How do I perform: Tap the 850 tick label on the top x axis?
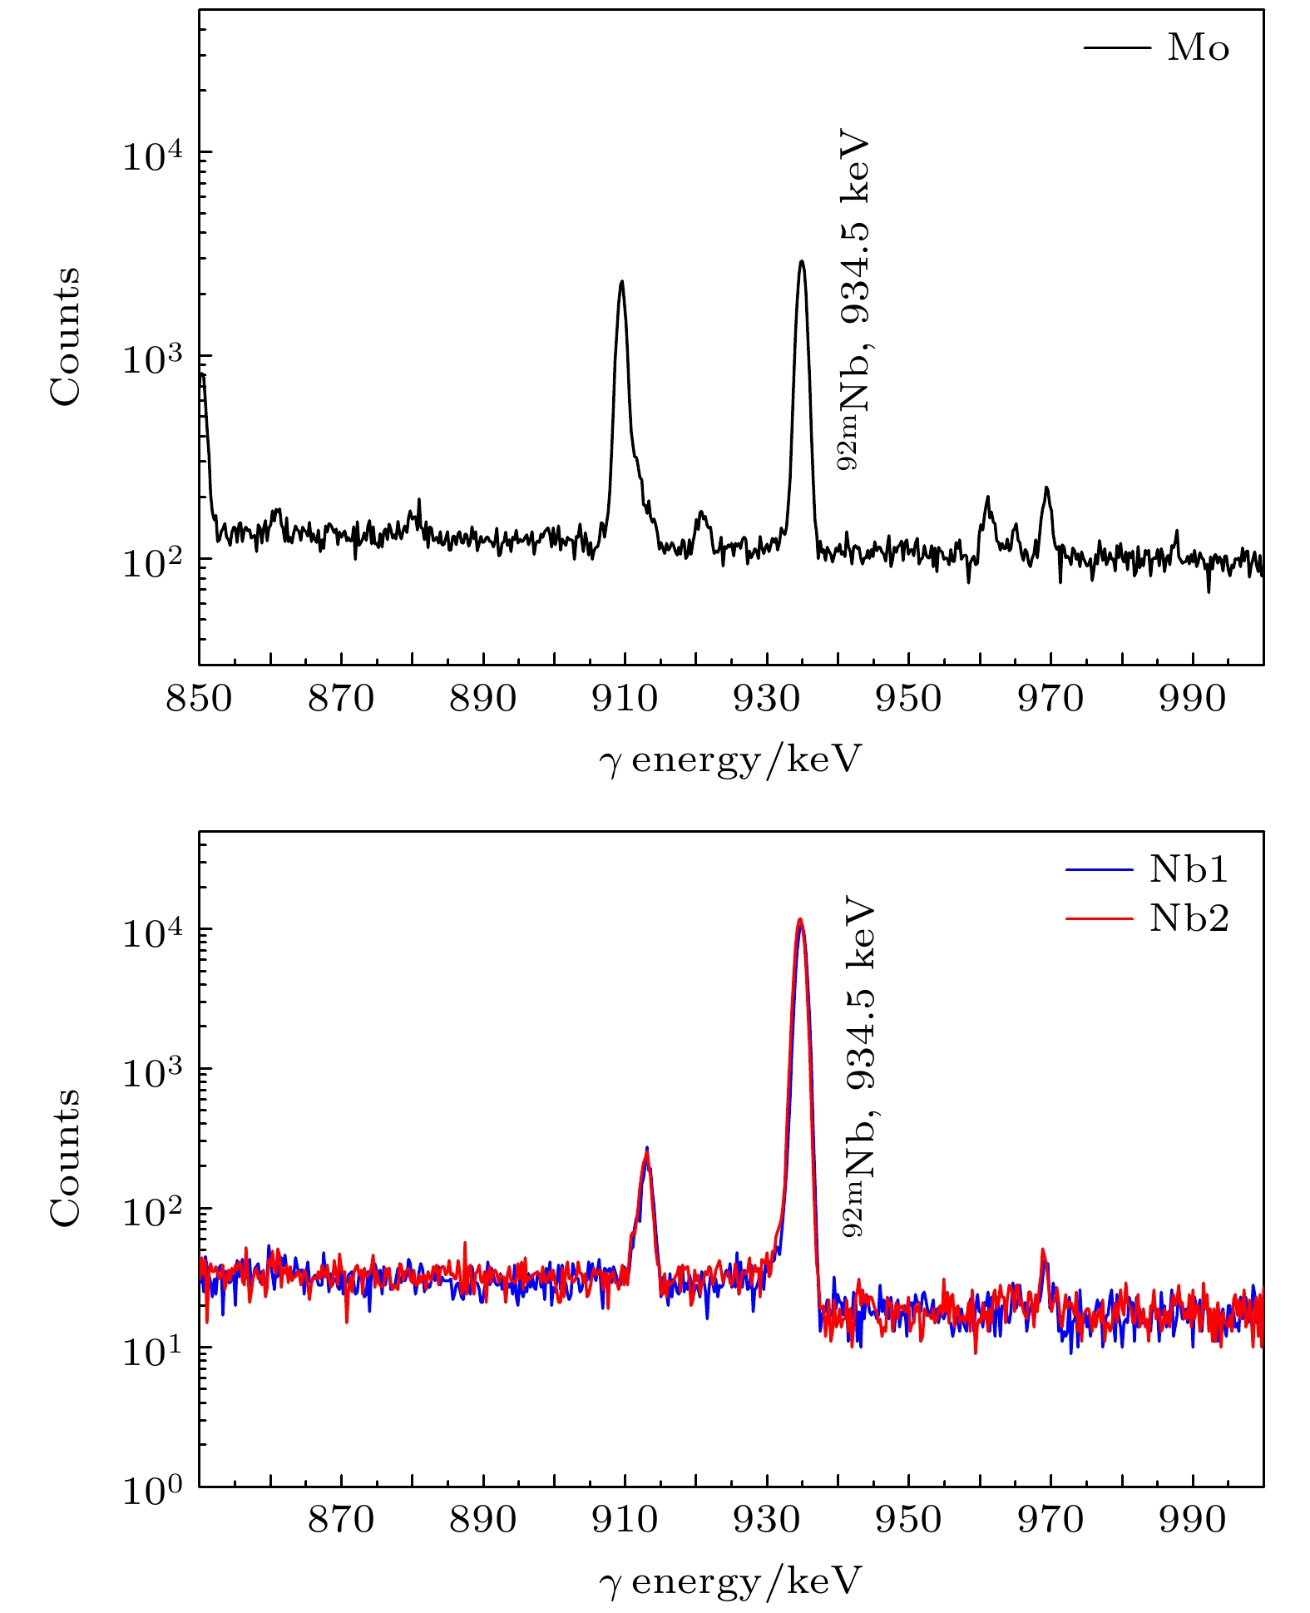[199, 698]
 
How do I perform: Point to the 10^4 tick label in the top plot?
[154, 153]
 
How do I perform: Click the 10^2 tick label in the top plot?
[154, 560]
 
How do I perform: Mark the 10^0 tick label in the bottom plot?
[154, 1489]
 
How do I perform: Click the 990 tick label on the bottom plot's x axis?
[1193, 1519]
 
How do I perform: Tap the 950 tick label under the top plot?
[908, 698]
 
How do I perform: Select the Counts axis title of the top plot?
[65, 336]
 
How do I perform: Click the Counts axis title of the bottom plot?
[65, 1158]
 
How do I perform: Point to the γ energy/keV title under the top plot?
[729, 759]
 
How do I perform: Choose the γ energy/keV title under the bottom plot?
[729, 1581]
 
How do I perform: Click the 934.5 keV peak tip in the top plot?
[801, 261]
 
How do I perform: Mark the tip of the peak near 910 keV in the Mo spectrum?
[620, 282]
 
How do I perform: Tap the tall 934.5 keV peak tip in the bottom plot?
[800, 920]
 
